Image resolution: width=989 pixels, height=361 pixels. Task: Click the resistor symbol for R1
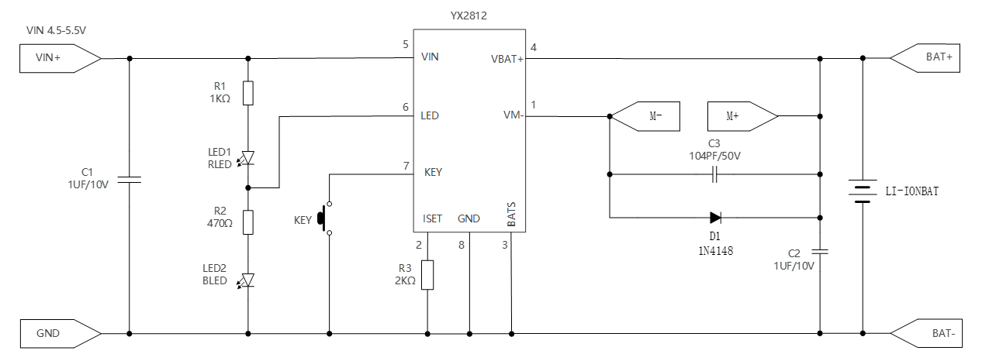248,93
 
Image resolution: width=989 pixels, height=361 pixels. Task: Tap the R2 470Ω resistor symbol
248,222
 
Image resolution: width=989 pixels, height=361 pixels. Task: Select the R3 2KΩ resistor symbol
427,275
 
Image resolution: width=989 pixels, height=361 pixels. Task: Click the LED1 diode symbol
248,157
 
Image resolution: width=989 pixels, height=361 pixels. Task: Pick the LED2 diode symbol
248,280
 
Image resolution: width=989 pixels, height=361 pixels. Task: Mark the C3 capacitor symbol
715,175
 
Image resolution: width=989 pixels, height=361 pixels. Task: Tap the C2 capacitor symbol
820,251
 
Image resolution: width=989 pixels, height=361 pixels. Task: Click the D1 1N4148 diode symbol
715,218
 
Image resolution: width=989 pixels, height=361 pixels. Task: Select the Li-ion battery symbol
862,191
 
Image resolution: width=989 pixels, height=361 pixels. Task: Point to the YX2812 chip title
469,15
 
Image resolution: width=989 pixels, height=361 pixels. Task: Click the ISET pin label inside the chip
433,218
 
